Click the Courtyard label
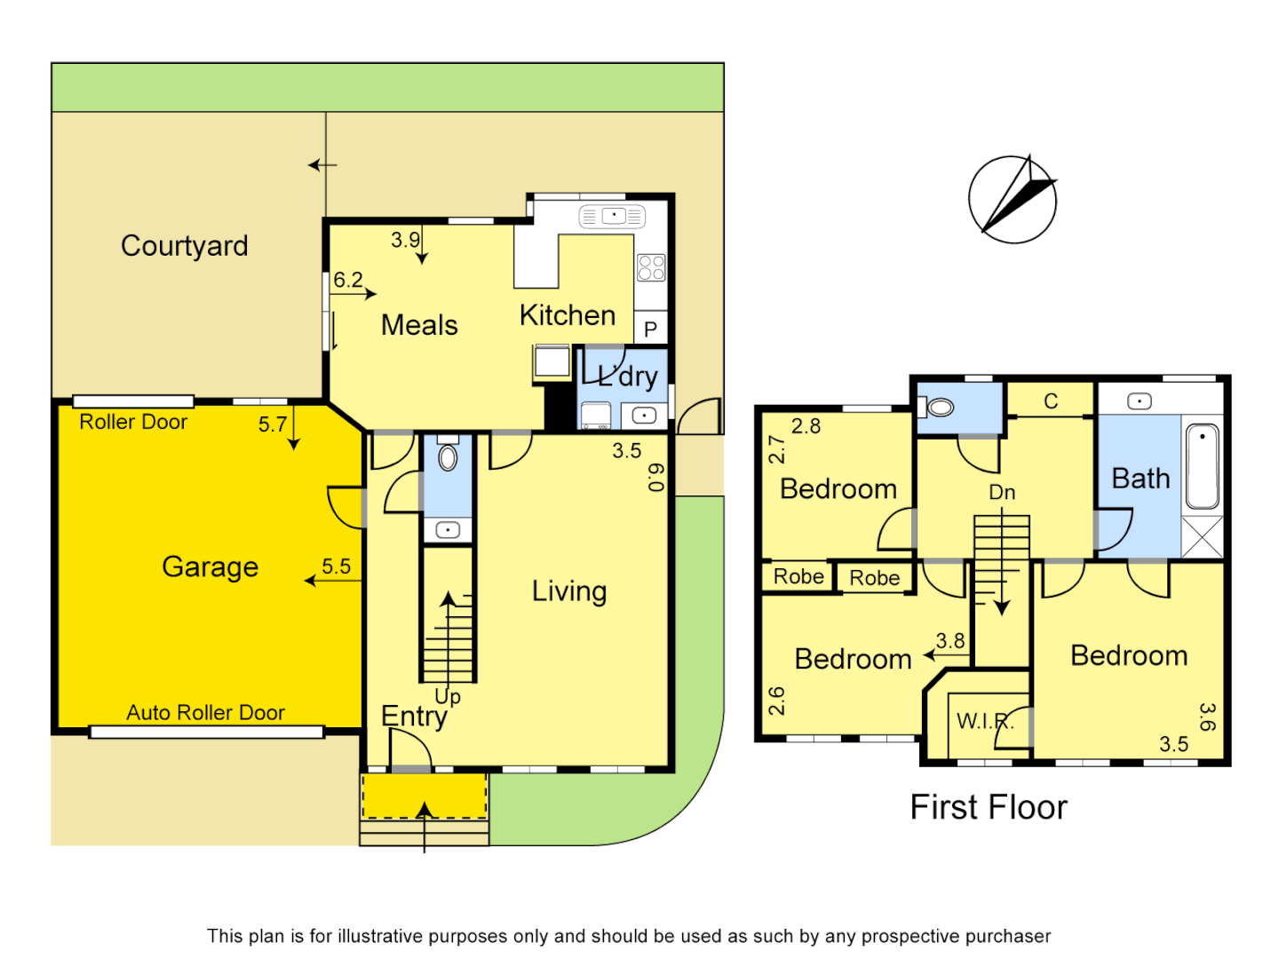point(184,246)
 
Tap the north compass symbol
point(1013,200)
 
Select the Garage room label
point(210,567)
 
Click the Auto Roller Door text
point(205,712)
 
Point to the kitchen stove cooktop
point(651,267)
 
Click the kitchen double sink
point(612,216)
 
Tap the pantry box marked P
point(650,329)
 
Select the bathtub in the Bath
point(1202,466)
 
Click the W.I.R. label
point(984,721)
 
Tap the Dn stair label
point(1002,492)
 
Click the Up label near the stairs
point(448,696)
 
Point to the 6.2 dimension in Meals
point(348,281)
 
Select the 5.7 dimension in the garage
point(273,424)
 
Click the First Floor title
point(988,807)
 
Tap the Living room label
point(569,591)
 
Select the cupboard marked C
point(1051,400)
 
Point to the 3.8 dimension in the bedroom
point(950,641)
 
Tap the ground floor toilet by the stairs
point(448,456)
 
